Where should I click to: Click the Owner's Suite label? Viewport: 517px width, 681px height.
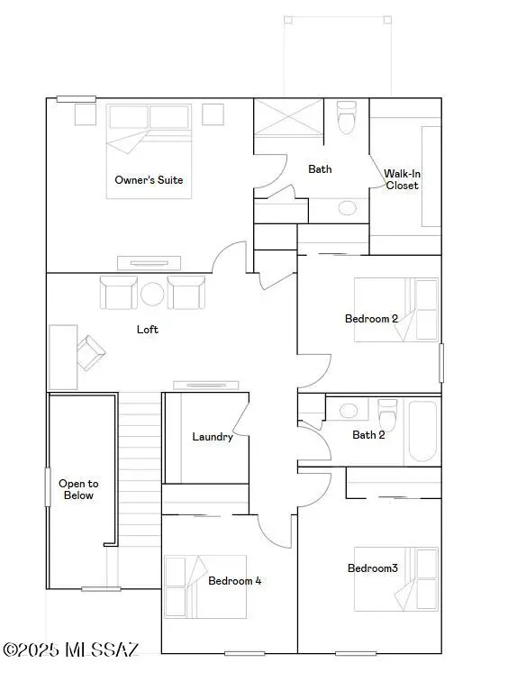click(149, 180)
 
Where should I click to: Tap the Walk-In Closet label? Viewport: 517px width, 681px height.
click(402, 179)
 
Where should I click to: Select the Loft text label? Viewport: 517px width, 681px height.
click(148, 330)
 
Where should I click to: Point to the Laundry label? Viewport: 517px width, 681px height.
click(213, 437)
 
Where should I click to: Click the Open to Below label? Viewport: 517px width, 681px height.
click(78, 489)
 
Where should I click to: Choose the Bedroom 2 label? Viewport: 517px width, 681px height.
click(371, 318)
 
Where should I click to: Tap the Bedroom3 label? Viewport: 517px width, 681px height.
click(373, 567)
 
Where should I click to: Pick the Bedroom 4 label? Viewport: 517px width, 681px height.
click(234, 581)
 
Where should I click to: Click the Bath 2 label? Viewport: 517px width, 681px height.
click(368, 435)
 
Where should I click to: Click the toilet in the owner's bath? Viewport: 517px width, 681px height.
click(347, 118)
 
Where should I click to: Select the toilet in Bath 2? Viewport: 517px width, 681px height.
click(388, 416)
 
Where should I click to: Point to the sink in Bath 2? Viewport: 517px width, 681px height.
click(348, 411)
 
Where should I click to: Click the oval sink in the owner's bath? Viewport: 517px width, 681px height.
click(347, 208)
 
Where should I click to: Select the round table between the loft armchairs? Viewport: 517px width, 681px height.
click(152, 294)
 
